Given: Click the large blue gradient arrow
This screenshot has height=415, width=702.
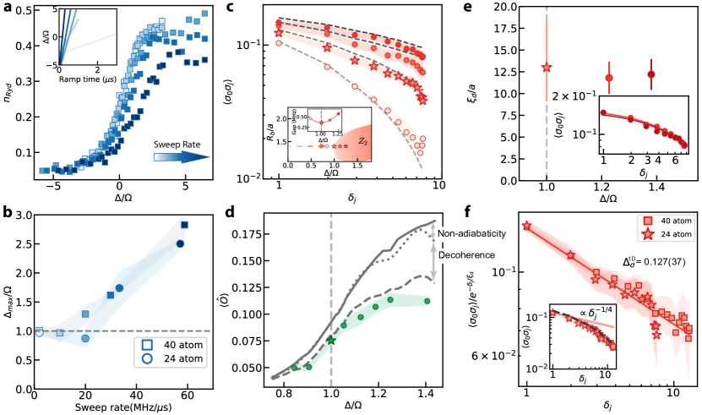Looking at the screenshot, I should (182, 156).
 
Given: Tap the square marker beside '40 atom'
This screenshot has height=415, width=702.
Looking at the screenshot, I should (147, 345).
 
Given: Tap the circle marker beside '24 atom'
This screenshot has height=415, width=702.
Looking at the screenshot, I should (147, 358).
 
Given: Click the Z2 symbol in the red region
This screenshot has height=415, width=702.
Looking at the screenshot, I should (362, 142).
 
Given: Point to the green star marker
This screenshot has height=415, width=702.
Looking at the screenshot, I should (331, 340).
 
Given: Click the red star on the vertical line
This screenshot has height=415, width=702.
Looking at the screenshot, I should (546, 68).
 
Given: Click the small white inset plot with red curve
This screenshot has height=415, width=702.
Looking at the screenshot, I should (324, 119).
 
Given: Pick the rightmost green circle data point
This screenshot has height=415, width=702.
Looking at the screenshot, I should (427, 301).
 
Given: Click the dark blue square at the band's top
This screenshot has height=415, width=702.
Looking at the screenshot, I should (184, 225).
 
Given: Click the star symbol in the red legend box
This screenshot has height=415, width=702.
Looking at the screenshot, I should (648, 234).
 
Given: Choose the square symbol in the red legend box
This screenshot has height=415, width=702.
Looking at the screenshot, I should (648, 221).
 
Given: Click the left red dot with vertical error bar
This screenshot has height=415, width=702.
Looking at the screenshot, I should (608, 78).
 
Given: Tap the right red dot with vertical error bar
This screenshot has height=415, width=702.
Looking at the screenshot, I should (650, 74).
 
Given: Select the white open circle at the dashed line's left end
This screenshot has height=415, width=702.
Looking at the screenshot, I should (39, 333).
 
